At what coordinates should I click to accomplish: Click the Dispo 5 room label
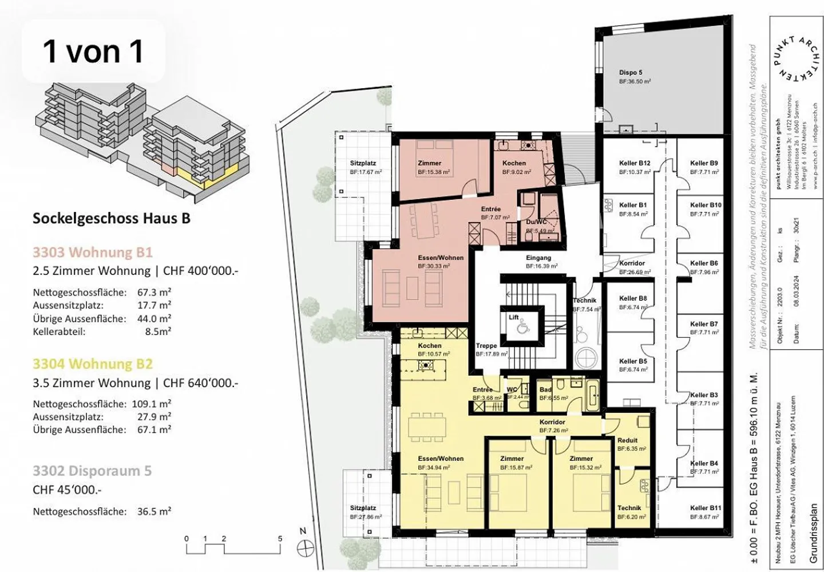(x=631, y=73)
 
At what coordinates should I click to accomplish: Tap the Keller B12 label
(x=635, y=163)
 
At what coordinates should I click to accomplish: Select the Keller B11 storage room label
(x=706, y=508)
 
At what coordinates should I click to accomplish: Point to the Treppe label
(x=486, y=346)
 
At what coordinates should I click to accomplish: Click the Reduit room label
(x=627, y=440)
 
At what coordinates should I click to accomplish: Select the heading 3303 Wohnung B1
(x=93, y=253)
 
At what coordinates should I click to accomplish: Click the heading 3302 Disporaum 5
(x=92, y=471)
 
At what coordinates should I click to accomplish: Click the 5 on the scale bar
(x=280, y=539)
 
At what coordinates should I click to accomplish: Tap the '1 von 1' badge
(x=93, y=52)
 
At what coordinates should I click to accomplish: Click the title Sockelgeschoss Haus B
(x=112, y=218)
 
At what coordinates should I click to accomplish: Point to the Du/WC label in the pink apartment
(x=536, y=222)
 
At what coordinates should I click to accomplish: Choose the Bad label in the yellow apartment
(x=545, y=390)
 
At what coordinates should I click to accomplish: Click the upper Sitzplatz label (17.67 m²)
(x=363, y=163)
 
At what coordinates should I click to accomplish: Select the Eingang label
(x=538, y=258)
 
